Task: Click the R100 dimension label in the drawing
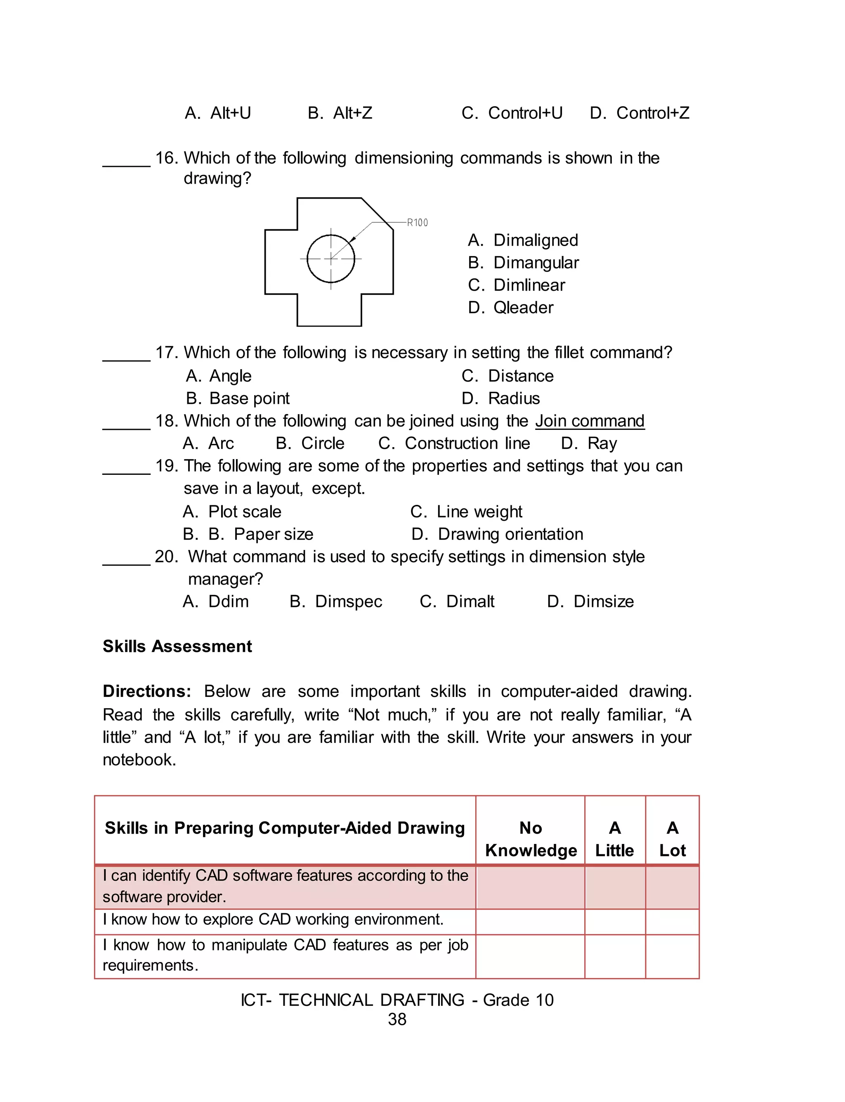click(x=417, y=223)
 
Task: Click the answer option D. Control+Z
click(x=639, y=113)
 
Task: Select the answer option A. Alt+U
click(x=218, y=113)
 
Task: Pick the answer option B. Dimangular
click(x=523, y=263)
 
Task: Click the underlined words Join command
click(x=590, y=421)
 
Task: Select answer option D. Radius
click(x=500, y=398)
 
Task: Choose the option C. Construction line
click(x=454, y=443)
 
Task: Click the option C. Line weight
click(x=466, y=512)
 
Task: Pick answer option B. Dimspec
click(x=336, y=601)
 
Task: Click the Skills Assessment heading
click(x=177, y=646)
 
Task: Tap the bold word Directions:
click(x=147, y=691)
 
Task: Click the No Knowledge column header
click(x=531, y=839)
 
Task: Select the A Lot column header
click(x=672, y=839)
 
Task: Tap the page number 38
click(x=397, y=1019)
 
